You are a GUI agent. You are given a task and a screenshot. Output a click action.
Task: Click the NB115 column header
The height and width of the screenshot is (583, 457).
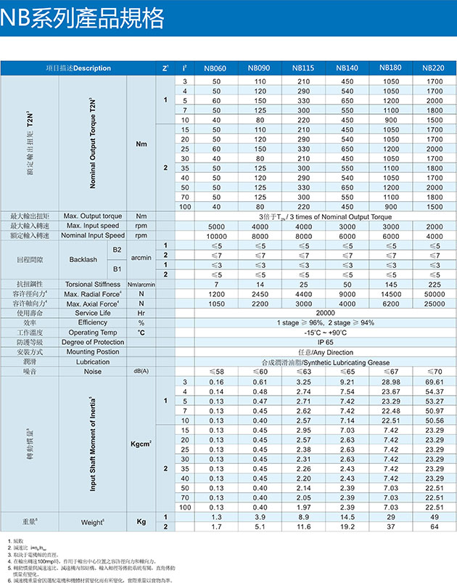(x=303, y=68)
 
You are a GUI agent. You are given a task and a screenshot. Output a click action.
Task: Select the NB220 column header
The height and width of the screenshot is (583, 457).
(x=434, y=68)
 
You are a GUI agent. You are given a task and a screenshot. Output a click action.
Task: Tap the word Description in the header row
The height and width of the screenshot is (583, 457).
(x=92, y=68)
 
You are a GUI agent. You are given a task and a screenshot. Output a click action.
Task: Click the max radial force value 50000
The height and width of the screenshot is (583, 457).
(x=434, y=293)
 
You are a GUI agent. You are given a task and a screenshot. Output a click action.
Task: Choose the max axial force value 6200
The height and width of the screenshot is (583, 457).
(x=390, y=303)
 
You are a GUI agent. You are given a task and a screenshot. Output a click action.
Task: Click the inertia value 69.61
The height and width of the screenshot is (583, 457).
(x=434, y=381)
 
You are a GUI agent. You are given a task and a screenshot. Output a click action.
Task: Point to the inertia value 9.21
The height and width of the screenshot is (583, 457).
(x=347, y=381)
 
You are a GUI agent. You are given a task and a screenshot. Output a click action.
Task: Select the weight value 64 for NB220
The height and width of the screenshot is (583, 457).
(x=434, y=526)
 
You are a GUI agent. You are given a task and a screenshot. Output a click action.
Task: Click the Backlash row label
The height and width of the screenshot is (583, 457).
(x=83, y=259)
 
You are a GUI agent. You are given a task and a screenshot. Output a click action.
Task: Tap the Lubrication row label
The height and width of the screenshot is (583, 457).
(x=93, y=361)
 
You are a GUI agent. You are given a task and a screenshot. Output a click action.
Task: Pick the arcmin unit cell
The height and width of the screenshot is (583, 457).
(x=141, y=259)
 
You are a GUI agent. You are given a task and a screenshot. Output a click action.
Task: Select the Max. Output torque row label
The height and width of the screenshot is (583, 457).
(x=93, y=216)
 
